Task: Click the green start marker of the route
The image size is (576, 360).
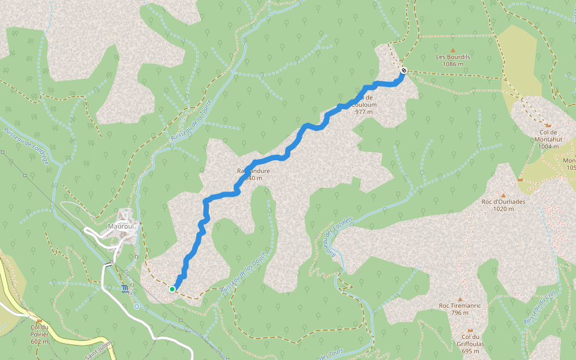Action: click(x=172, y=289)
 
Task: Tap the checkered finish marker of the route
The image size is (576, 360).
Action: click(x=404, y=70)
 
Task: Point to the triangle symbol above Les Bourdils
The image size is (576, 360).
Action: click(x=453, y=50)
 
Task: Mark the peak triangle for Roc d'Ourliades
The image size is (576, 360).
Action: click(x=503, y=195)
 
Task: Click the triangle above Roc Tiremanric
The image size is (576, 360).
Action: click(x=460, y=299)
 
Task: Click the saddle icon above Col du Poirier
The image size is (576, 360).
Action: click(x=40, y=320)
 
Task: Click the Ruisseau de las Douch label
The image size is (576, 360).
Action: click(x=243, y=272)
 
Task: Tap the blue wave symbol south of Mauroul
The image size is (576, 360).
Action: click(x=124, y=290)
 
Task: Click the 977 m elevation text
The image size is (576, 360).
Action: click(x=364, y=112)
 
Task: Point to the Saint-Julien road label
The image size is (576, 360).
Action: click(x=96, y=350)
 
